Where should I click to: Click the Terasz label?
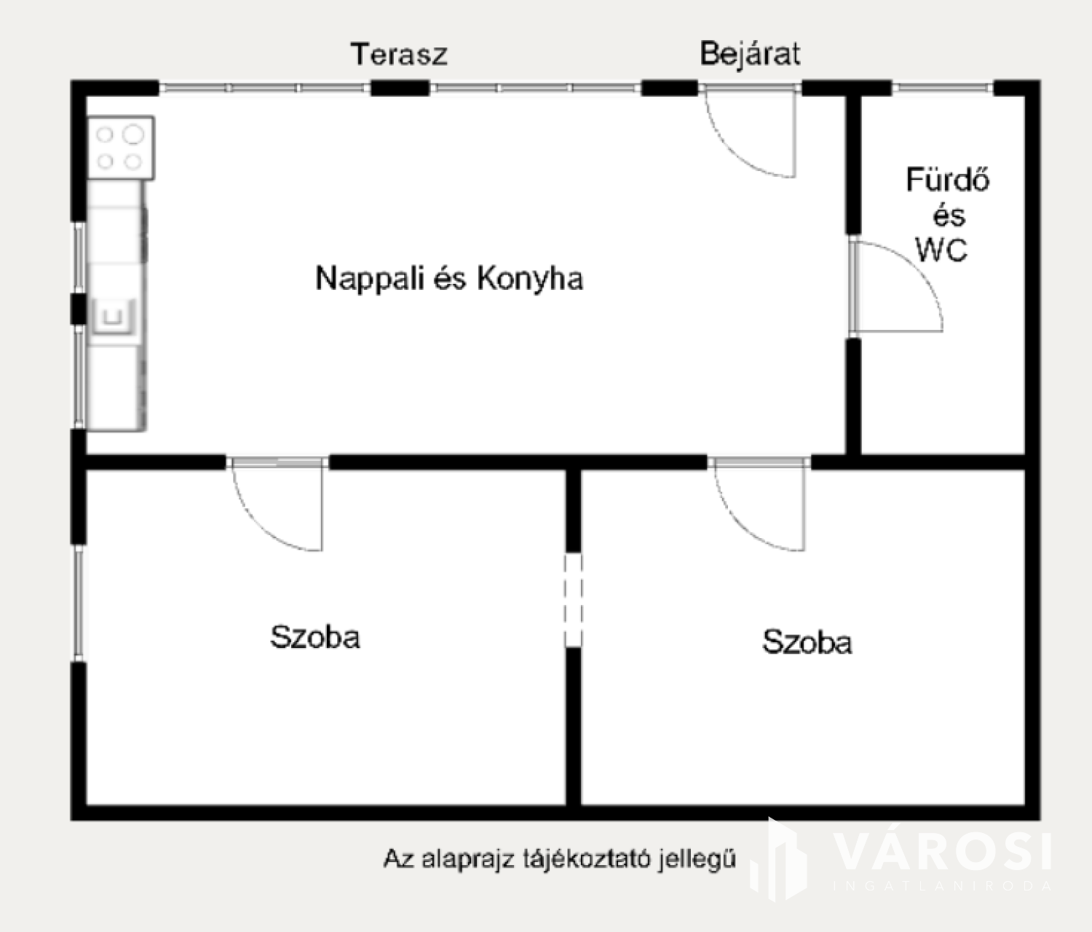[x=400, y=55]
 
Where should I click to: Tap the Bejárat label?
[x=750, y=55]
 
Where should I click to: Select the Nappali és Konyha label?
[x=450, y=278]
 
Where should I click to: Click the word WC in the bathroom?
[x=941, y=250]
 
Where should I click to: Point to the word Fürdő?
[x=948, y=180]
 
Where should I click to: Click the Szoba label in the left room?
[x=315, y=637]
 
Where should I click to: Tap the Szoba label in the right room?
[x=807, y=642]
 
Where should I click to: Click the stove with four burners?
[x=121, y=148]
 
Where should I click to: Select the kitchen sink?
[x=114, y=317]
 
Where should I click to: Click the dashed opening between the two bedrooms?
[x=574, y=600]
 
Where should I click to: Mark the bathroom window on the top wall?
[x=943, y=88]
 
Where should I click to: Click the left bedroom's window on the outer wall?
[x=79, y=604]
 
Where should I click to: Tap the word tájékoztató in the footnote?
[x=587, y=859]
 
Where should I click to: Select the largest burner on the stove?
[x=133, y=134]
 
